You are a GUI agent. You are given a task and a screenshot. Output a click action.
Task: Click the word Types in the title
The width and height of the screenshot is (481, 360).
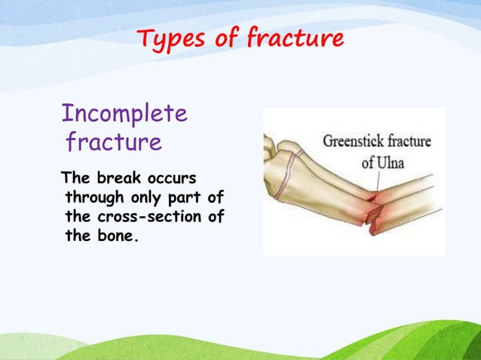170,38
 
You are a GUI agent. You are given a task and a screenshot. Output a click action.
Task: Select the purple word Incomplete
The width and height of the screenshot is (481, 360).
124,114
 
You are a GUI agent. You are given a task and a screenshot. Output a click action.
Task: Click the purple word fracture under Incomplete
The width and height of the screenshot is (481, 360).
113,142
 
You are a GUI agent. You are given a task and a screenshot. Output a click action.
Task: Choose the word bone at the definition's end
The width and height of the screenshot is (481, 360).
122,236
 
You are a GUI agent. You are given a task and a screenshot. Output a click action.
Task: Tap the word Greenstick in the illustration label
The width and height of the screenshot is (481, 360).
353,141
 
